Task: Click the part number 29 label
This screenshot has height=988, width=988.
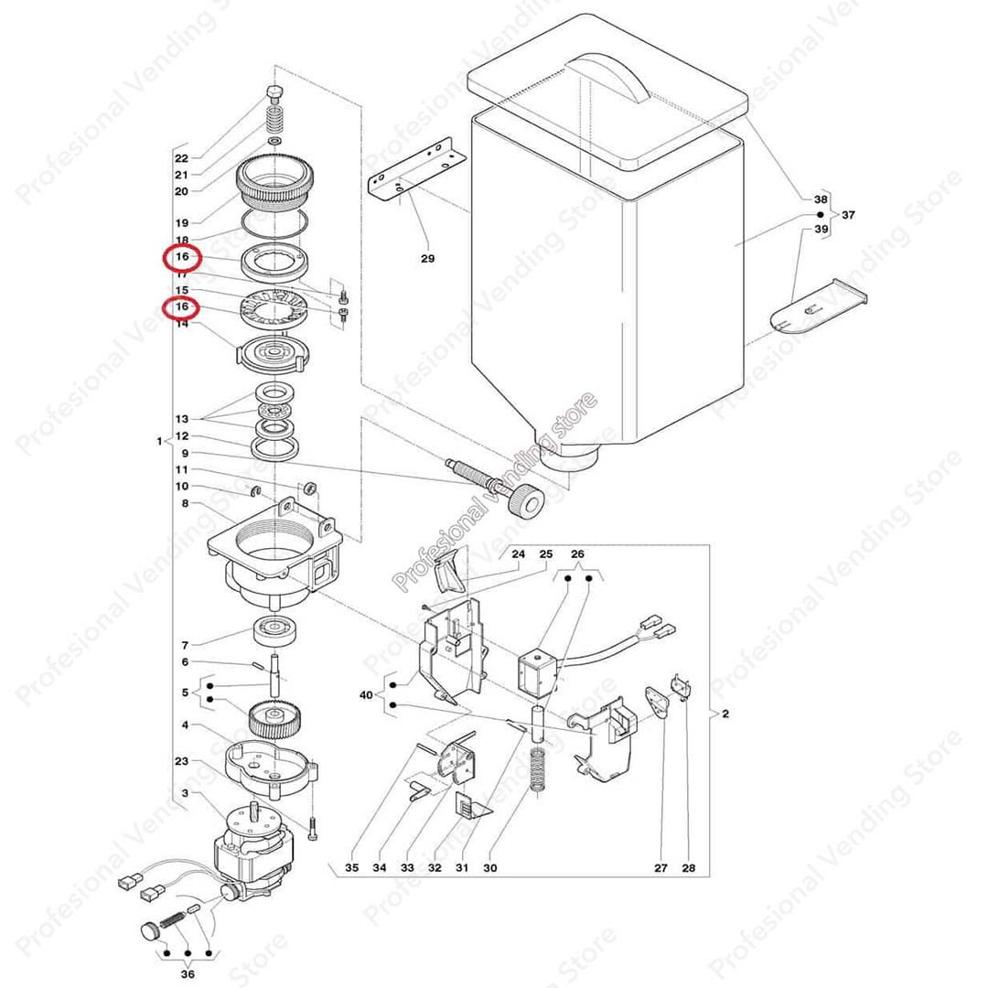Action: (427, 259)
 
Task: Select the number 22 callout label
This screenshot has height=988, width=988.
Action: (181, 158)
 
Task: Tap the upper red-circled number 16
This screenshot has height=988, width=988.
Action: (182, 258)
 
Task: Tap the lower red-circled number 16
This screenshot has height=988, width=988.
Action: (182, 307)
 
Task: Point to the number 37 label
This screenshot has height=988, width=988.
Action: (848, 215)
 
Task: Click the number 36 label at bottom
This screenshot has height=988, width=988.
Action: (188, 974)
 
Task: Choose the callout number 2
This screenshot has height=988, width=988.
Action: (725, 714)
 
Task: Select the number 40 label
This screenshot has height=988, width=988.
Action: (366, 694)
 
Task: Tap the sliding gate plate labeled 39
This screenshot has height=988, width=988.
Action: (818, 306)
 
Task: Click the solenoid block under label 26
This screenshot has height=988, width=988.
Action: (536, 672)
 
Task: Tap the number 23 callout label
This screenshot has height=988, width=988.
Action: (181, 761)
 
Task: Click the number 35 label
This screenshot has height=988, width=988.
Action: (352, 867)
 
